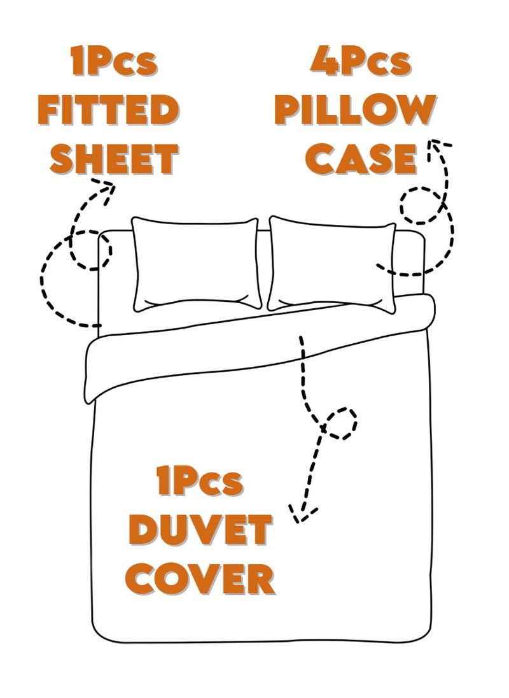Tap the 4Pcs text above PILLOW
[x=360, y=64]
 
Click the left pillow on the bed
[x=195, y=262]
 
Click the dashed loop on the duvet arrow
[x=340, y=423]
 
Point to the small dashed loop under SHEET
[x=90, y=248]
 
